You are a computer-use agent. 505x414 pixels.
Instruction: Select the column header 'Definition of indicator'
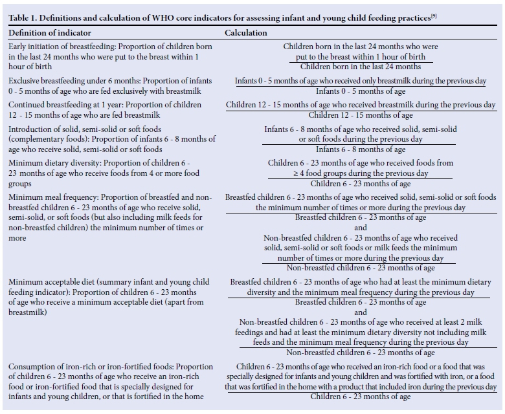tap(50, 32)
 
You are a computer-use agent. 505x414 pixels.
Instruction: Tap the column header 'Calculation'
tap(245, 32)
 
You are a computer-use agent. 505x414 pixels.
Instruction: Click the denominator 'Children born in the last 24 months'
tap(361, 67)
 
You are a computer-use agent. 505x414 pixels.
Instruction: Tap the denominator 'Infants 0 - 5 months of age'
tap(361, 91)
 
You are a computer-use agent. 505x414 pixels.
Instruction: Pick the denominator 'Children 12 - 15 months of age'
tap(361, 115)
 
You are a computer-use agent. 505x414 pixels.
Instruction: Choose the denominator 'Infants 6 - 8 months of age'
tap(361, 149)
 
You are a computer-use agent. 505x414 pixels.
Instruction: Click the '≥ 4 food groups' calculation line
tap(361, 173)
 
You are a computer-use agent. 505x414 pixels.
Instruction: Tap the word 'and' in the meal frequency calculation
tap(361, 228)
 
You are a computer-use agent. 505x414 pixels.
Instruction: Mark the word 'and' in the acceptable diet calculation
tap(361, 312)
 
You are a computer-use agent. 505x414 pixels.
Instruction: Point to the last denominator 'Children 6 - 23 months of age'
tap(361, 397)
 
